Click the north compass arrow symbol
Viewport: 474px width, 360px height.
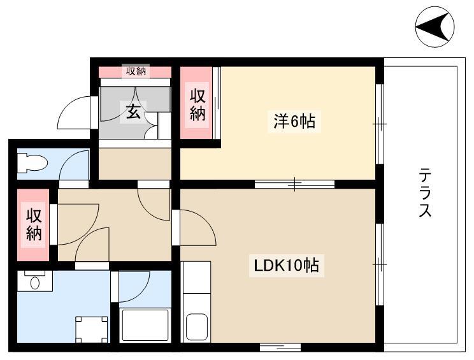(x=434, y=27)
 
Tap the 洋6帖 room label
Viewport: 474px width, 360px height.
(x=294, y=122)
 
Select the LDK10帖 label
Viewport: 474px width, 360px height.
(x=286, y=266)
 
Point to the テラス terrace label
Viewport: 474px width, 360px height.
(x=425, y=193)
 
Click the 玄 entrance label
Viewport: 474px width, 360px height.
(x=133, y=112)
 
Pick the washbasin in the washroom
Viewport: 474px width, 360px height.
(x=35, y=283)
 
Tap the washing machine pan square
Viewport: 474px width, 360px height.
(x=92, y=329)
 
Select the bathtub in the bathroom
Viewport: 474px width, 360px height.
(x=145, y=325)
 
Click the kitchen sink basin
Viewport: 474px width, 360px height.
(x=197, y=327)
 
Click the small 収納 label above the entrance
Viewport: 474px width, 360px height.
(x=136, y=71)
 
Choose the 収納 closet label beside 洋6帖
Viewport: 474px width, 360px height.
(x=197, y=105)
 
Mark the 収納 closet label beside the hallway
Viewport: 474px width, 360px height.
(x=34, y=224)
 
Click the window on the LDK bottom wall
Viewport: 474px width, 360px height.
(x=280, y=347)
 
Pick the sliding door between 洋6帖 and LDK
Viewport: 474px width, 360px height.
(x=295, y=184)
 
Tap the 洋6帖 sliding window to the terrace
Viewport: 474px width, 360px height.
(x=380, y=124)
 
